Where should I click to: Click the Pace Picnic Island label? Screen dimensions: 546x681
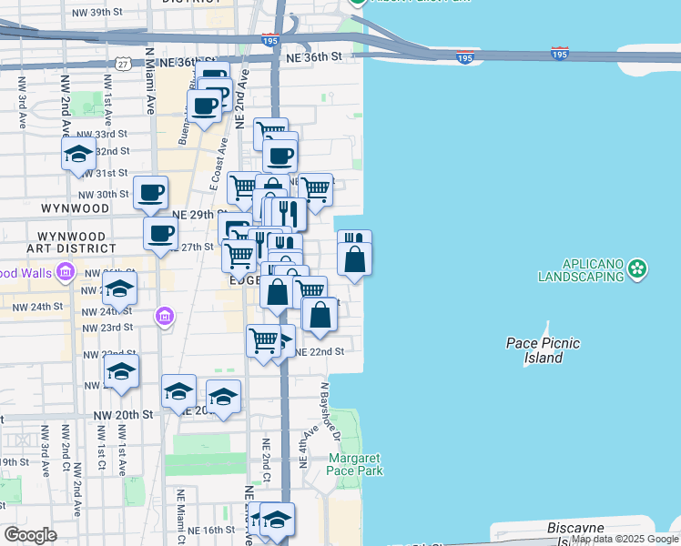(543, 350)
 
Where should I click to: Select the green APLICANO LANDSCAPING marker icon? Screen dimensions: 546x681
(638, 268)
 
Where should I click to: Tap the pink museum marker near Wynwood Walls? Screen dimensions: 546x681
(65, 271)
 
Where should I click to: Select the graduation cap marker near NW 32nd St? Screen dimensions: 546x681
(79, 155)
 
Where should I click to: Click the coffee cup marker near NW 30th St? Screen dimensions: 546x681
(151, 193)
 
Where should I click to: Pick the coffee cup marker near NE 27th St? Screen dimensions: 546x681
(161, 234)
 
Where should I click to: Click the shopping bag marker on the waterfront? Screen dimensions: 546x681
(354, 259)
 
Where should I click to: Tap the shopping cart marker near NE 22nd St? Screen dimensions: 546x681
(263, 342)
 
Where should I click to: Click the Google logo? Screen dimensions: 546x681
(30, 535)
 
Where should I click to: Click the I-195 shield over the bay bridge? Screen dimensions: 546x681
(465, 57)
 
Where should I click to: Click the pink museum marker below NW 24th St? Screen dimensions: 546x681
(164, 317)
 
